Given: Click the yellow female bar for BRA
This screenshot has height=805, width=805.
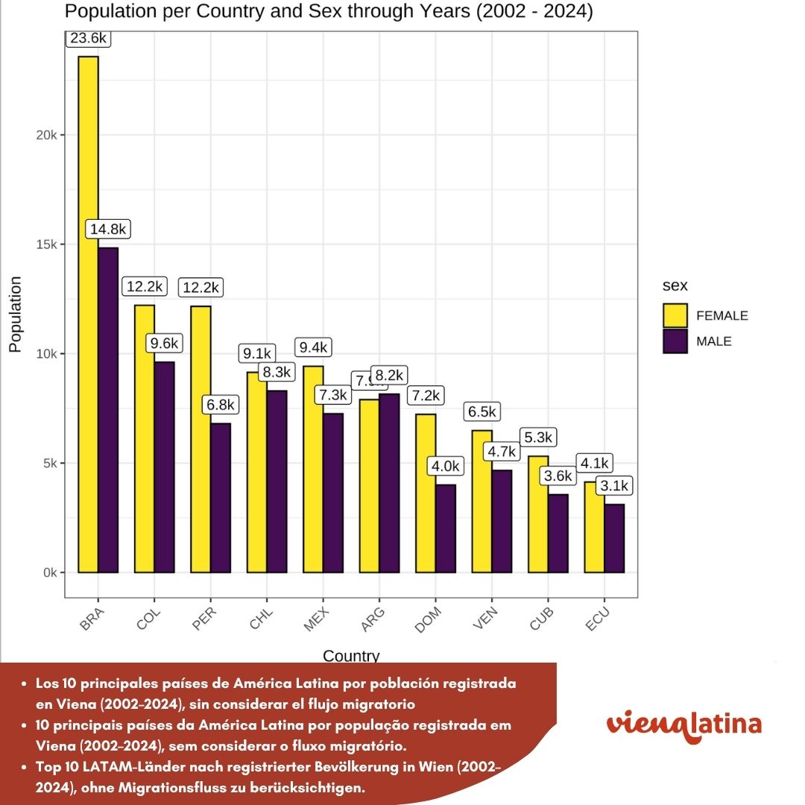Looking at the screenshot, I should click(88, 313).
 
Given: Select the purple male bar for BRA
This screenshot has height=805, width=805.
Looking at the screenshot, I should click(108, 410).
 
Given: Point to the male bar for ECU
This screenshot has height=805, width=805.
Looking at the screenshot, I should click(614, 538).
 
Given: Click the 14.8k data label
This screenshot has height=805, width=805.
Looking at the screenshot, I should click(109, 230).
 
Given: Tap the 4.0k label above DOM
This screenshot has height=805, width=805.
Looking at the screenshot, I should click(446, 467).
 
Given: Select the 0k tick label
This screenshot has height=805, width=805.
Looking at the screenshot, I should click(48, 572).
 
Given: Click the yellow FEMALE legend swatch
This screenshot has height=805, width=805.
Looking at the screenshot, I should click(675, 315).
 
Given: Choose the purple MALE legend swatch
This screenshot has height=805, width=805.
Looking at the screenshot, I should click(675, 341).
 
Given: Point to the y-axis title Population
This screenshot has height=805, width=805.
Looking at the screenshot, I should click(15, 314).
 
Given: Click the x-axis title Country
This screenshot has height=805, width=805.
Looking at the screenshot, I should click(351, 656).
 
